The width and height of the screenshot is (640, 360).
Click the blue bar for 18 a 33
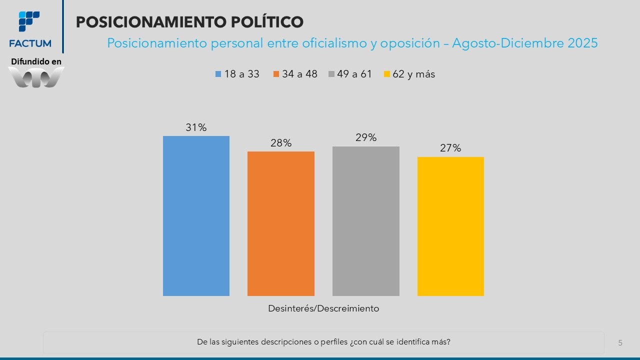click(196, 215)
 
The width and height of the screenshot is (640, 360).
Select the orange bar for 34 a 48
click(281, 223)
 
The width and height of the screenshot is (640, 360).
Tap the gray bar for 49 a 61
click(366, 221)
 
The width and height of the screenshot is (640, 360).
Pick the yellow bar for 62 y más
click(450, 226)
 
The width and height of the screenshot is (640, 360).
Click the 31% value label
click(196, 127)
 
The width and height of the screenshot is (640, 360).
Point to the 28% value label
click(281, 143)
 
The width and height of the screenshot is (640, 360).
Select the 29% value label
click(366, 137)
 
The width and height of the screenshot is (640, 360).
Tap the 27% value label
click(450, 148)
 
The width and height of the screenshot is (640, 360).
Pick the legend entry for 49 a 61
click(350, 74)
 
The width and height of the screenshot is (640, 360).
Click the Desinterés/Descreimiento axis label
click(323, 308)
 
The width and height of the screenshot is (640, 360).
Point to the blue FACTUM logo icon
click(29, 21)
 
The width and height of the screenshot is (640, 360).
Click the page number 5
click(620, 342)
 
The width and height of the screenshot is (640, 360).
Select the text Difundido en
click(36, 61)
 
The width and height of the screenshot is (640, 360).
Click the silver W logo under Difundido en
click(36, 77)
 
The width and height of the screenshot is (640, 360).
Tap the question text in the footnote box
click(323, 342)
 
